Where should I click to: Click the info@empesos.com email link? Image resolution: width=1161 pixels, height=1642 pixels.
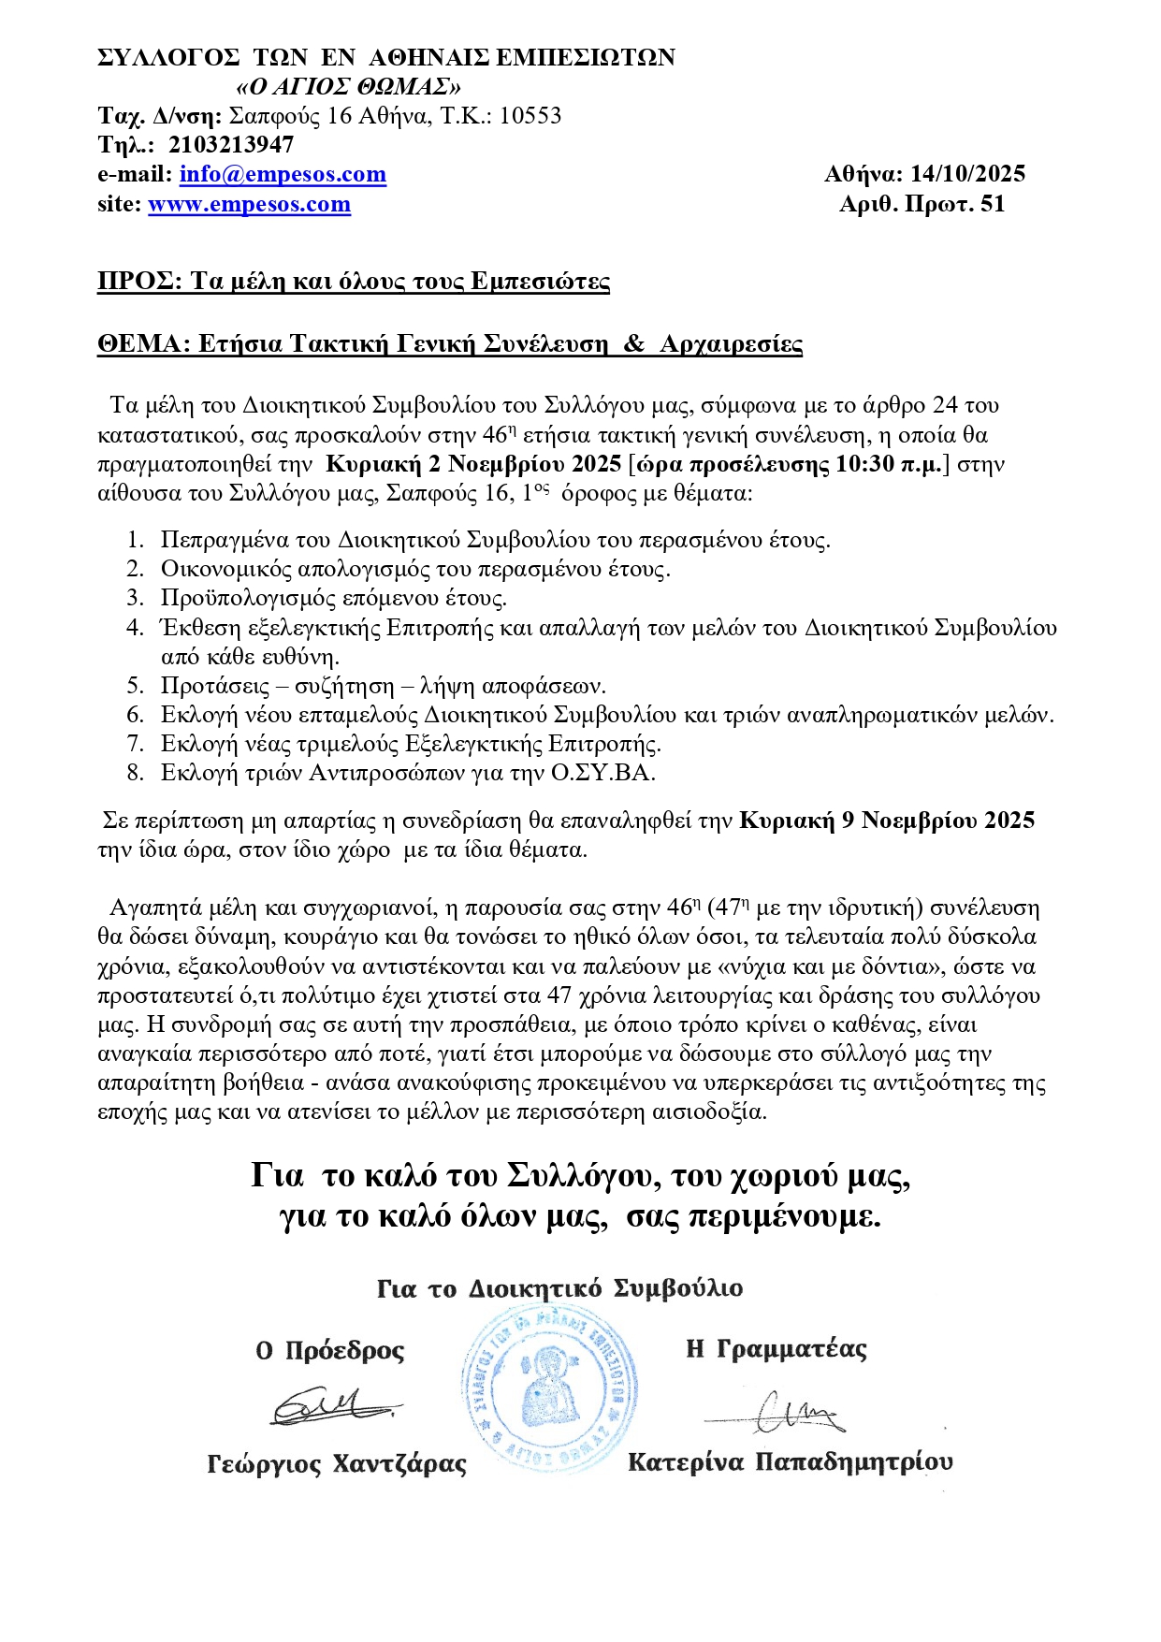(x=283, y=175)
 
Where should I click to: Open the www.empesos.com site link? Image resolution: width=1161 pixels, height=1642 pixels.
(x=249, y=205)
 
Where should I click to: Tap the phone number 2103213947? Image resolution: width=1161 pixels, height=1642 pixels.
(x=231, y=145)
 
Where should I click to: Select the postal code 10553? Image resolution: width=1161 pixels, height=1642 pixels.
(x=530, y=116)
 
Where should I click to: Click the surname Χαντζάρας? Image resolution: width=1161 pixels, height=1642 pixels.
(x=399, y=1464)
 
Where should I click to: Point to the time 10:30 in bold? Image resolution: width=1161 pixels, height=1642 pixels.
(x=864, y=465)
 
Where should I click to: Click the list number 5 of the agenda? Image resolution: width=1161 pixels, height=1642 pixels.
(x=136, y=686)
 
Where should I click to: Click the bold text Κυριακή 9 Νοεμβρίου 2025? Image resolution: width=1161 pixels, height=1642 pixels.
(x=887, y=821)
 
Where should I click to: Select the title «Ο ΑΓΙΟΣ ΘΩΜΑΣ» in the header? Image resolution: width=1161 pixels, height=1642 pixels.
(x=348, y=87)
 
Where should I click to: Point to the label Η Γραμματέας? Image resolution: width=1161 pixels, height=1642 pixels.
(x=776, y=1349)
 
